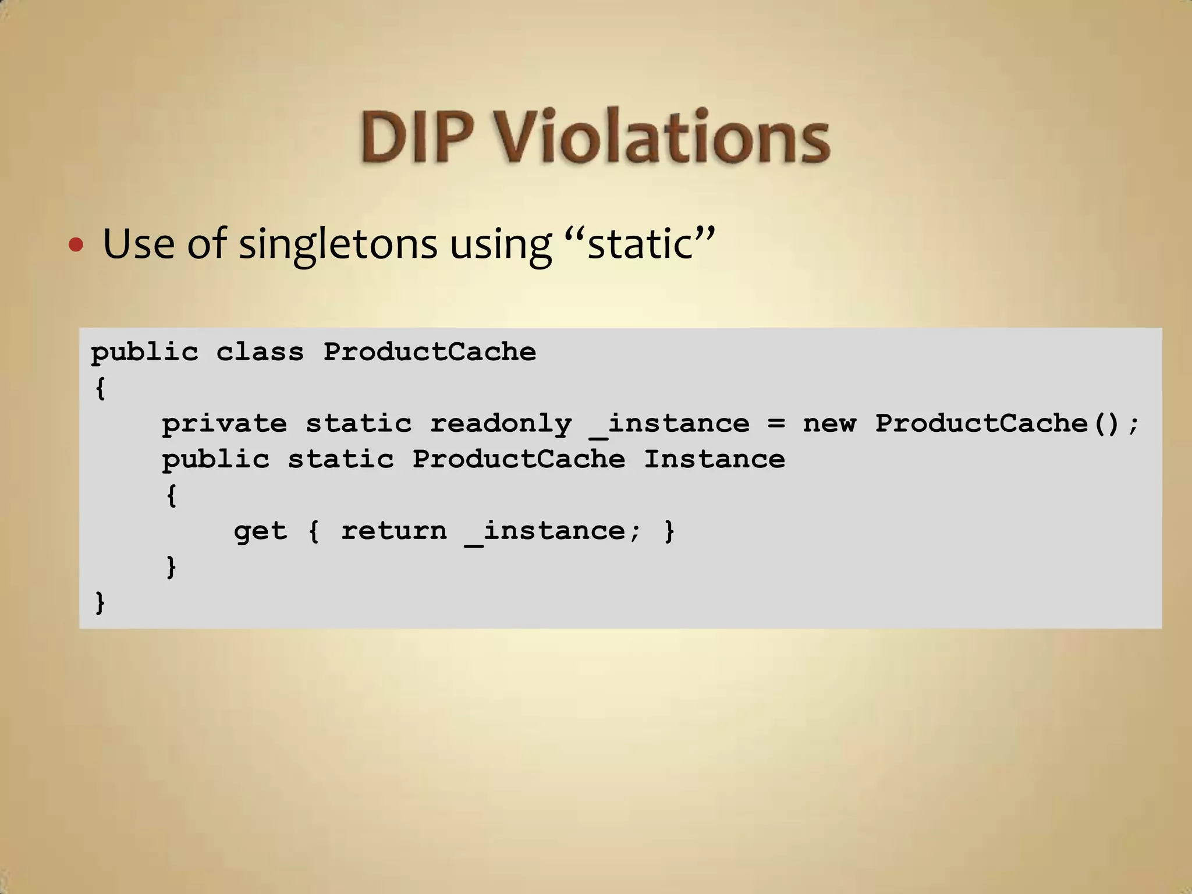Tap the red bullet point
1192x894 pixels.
pos(76,244)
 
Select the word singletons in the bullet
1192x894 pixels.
pos(338,244)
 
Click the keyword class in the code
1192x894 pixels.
pos(260,352)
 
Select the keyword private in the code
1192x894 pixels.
pos(224,424)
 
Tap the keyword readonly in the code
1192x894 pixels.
pos(501,424)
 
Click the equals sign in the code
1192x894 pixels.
pos(776,424)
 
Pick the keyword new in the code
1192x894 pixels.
pos(829,424)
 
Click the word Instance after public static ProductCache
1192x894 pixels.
pos(714,460)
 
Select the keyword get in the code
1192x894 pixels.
pos(260,531)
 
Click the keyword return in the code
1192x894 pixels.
pos(394,531)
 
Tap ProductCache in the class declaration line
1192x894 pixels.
pos(430,352)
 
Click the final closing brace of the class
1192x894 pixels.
pos(100,602)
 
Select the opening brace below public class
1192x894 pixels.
pos(100,388)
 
